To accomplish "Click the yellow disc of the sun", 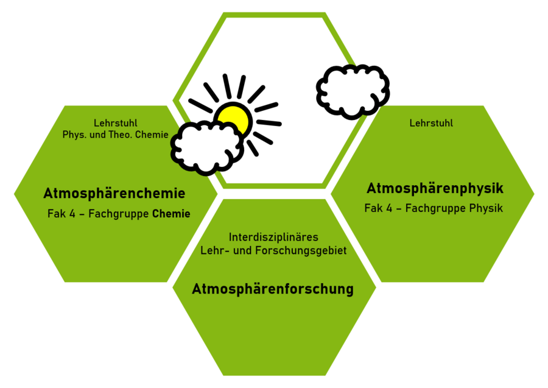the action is (x=235, y=118).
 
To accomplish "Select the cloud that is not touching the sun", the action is (x=353, y=91).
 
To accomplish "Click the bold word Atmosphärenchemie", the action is (x=114, y=193).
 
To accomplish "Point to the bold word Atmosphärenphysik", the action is (x=435, y=188).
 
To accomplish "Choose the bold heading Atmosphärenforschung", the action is (x=273, y=289).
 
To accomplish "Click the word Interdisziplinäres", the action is (x=273, y=237).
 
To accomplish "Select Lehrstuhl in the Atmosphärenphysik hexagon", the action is (x=431, y=123).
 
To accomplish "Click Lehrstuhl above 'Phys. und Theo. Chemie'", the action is (x=115, y=123).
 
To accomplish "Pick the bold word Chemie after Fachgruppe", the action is (x=171, y=214).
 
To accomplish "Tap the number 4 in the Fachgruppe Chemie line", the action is (x=72, y=214).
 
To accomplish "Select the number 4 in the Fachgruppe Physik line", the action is (x=389, y=208).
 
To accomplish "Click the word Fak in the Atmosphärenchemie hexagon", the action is (x=56, y=214).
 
